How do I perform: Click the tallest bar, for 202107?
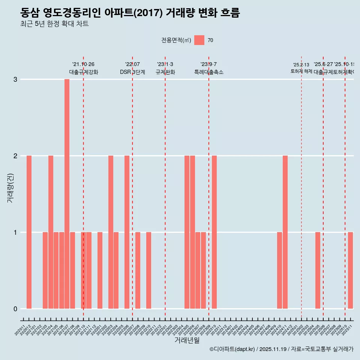(x=67, y=194)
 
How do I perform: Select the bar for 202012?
(x=29, y=232)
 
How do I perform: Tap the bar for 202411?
(x=285, y=232)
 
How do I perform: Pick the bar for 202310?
(x=214, y=232)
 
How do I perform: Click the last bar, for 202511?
(x=350, y=270)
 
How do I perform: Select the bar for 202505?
(x=318, y=270)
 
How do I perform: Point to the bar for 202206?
(x=127, y=232)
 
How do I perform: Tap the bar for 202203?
(x=111, y=232)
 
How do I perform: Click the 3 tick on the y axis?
(x=15, y=79)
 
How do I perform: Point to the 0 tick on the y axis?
(x=15, y=309)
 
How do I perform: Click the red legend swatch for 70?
(x=199, y=40)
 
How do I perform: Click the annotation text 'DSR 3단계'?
(x=132, y=72)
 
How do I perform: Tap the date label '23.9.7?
(x=208, y=64)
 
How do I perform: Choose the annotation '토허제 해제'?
(x=301, y=71)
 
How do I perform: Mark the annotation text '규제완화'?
(x=165, y=72)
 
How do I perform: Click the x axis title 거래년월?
(x=187, y=340)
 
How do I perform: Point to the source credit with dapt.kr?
(x=281, y=349)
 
